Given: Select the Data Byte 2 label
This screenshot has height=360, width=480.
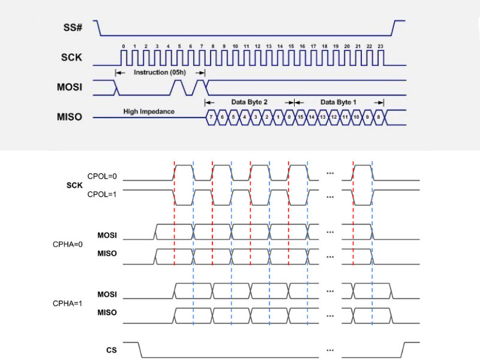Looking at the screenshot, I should pyautogui.click(x=249, y=102).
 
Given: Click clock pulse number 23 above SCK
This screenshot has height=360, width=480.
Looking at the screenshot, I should pyautogui.click(x=380, y=46).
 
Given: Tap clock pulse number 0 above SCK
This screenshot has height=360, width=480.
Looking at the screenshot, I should pyautogui.click(x=123, y=46).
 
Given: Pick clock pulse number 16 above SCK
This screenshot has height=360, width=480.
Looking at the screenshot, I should pyautogui.click(x=302, y=46).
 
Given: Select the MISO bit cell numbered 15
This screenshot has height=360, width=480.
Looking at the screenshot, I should pyautogui.click(x=300, y=117).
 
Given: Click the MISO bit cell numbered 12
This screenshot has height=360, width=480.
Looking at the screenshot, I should pyautogui.click(x=334, y=117).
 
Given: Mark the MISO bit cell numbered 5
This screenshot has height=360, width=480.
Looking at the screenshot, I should pyautogui.click(x=233, y=117).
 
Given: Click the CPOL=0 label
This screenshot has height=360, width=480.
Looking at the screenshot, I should pyautogui.click(x=102, y=176).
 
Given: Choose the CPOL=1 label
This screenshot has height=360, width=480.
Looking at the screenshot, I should pyautogui.click(x=102, y=194).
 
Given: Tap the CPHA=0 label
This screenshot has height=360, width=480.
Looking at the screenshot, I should pyautogui.click(x=67, y=244).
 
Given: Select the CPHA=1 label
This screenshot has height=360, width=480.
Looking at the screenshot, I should pyautogui.click(x=67, y=303).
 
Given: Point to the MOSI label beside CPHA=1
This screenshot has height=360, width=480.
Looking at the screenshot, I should pyautogui.click(x=107, y=294).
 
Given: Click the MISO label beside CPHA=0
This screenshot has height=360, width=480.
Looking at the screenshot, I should pyautogui.click(x=107, y=254).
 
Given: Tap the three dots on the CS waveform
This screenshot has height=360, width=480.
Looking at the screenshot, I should pyautogui.click(x=330, y=349).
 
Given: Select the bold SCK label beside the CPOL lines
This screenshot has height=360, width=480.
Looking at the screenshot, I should pyautogui.click(x=74, y=185).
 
